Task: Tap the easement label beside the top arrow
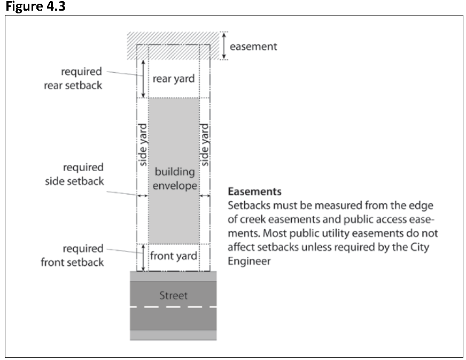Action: tap(253, 47)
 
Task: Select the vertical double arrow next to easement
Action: tap(224, 45)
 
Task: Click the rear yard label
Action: tap(173, 79)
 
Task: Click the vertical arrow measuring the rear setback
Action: tap(143, 78)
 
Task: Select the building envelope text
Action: tap(174, 179)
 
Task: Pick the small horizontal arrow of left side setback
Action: tap(142, 196)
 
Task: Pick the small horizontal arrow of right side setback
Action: tap(205, 196)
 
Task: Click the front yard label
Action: tap(173, 256)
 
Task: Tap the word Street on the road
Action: tap(174, 295)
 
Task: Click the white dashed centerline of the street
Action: tap(174, 307)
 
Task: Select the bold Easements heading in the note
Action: tap(254, 192)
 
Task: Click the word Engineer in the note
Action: tap(249, 262)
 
